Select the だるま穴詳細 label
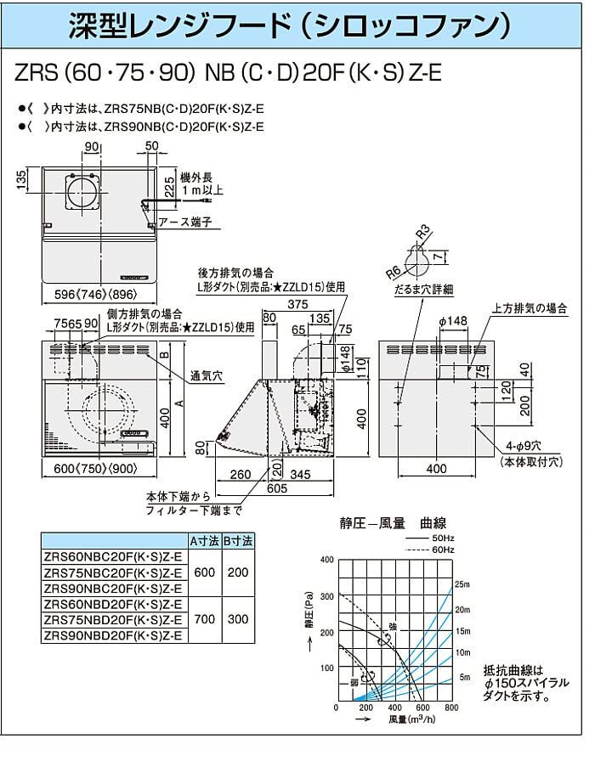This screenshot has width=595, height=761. click(419, 290)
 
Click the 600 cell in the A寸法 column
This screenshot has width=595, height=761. click(205, 572)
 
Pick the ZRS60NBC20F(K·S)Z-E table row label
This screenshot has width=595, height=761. click(114, 556)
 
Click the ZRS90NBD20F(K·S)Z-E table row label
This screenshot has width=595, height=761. click(114, 635)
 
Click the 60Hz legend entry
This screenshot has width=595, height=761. click(443, 550)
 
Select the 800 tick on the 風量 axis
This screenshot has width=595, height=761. click(451, 707)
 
